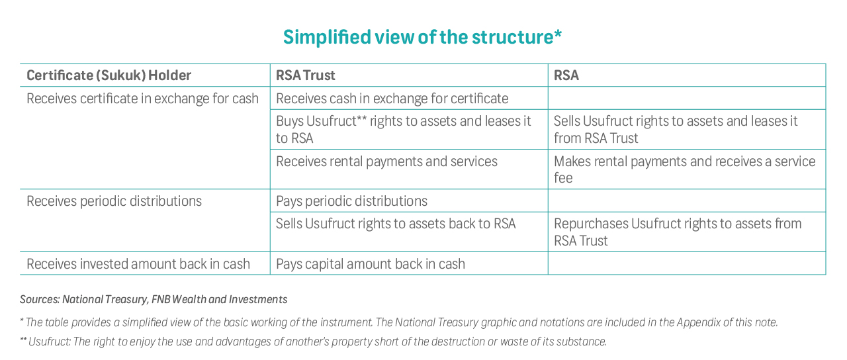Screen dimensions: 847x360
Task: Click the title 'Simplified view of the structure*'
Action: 422,37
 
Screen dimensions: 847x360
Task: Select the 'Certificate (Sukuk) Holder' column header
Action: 109,75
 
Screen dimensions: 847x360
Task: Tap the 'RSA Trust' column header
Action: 306,75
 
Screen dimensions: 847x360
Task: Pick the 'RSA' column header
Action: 566,75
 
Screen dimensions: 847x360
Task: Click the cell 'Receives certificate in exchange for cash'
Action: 142,99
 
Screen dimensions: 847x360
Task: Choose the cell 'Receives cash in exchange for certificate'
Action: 392,99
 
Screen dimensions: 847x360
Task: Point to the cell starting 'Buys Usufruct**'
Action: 404,129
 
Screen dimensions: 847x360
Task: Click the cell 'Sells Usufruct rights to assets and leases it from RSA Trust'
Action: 676,129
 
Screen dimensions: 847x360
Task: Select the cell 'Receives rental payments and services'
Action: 386,161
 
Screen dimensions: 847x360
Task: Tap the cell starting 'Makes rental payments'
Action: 684,169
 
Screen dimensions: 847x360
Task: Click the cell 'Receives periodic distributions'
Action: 114,201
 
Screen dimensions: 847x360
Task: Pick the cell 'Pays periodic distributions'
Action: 351,201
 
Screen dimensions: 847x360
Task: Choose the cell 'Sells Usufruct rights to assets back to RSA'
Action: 396,224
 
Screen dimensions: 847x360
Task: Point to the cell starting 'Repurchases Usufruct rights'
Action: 678,232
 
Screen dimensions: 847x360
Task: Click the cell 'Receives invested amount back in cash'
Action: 138,263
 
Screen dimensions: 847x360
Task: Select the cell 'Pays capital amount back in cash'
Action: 370,263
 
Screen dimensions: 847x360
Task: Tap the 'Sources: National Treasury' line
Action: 154,300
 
